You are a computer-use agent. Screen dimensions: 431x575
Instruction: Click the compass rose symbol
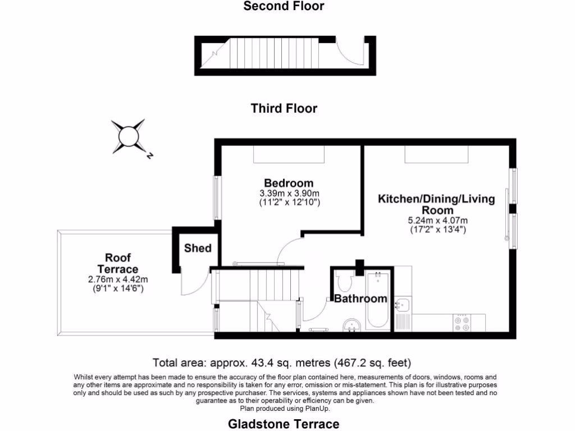tap(128, 136)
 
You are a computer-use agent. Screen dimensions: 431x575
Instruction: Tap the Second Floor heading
tap(284, 6)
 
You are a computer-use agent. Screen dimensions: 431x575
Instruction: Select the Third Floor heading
tap(284, 108)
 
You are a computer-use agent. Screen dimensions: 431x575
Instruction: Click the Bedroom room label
tap(289, 183)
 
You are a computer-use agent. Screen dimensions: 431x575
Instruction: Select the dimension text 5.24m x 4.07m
tap(437, 220)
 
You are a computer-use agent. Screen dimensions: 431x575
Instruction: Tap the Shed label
tap(198, 247)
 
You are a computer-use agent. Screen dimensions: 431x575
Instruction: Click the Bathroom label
tap(360, 298)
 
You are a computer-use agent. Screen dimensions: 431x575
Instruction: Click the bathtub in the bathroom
tap(376, 300)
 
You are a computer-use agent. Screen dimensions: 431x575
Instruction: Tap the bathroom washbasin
tap(352, 325)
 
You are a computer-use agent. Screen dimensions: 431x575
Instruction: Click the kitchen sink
tap(402, 305)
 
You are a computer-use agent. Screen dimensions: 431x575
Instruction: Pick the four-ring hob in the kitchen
tap(462, 322)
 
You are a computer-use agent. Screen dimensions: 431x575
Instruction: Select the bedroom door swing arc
tap(290, 249)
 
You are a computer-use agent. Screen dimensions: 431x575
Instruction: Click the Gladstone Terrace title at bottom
tap(284, 424)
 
